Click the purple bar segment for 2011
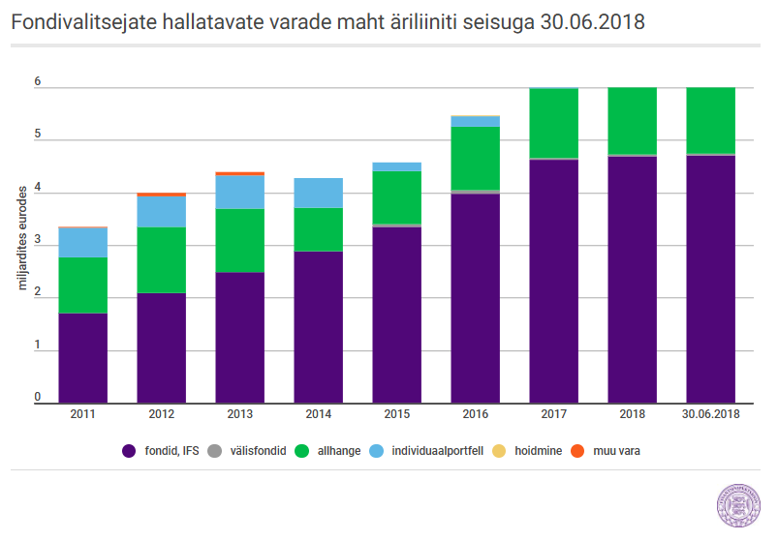click(x=83, y=358)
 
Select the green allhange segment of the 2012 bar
click(x=161, y=260)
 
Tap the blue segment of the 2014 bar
click(x=318, y=193)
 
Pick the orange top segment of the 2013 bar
click(x=239, y=173)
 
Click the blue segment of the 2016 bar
click(x=476, y=121)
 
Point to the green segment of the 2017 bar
click(x=554, y=123)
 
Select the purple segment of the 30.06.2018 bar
click(x=710, y=279)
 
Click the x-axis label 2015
click(x=397, y=414)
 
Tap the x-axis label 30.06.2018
click(x=710, y=414)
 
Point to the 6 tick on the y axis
click(x=38, y=81)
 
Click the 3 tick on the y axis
click(x=38, y=240)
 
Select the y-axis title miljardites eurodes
click(x=22, y=238)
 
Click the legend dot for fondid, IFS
click(x=129, y=451)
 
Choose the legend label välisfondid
click(x=258, y=451)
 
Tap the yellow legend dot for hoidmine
click(x=499, y=451)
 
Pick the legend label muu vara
click(x=617, y=451)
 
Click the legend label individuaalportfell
click(x=438, y=451)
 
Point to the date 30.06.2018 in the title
click(x=592, y=22)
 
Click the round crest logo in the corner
click(x=738, y=505)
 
